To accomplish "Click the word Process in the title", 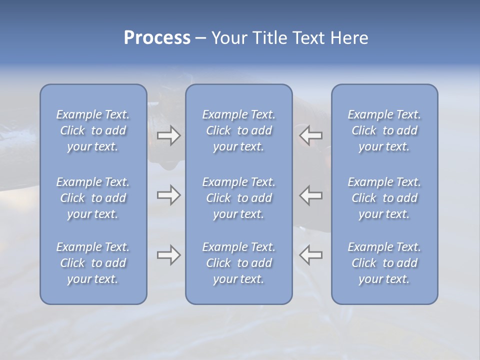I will point(157,38).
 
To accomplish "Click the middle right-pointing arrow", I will point(169,195).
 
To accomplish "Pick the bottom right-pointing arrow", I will point(169,255).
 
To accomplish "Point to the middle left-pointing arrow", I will point(311,195).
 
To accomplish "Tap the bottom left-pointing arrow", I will point(311,255).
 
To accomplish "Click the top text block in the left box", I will point(93,130).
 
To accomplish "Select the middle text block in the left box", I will point(93,198).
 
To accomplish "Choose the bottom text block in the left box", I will point(93,263).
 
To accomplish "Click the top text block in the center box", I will point(239,130).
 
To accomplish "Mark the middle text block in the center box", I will point(239,198).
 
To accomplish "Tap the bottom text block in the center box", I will point(239,263).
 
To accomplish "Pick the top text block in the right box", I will point(384,130).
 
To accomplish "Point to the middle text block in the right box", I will point(384,198).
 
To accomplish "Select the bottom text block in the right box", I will point(384,263).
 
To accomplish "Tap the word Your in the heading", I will point(229,38).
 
